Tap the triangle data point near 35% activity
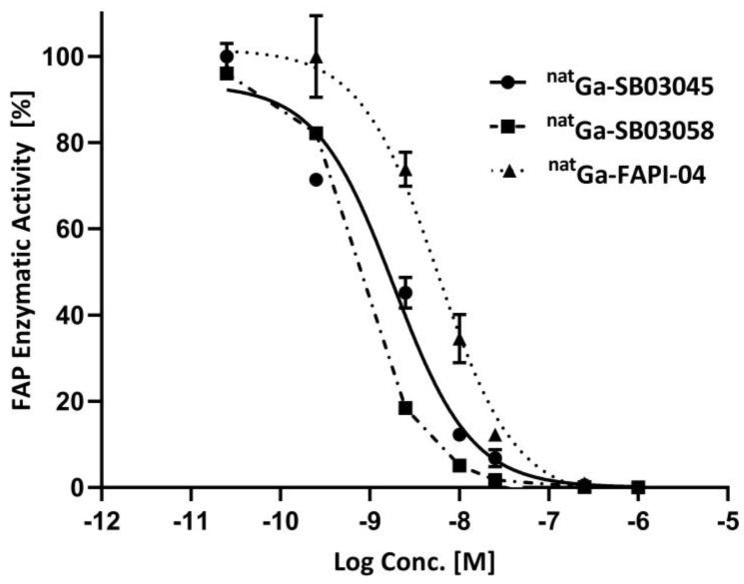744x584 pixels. coord(459,338)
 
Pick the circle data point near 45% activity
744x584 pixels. coord(405,293)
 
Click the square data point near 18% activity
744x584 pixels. coord(405,408)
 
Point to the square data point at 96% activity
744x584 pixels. coord(227,74)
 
